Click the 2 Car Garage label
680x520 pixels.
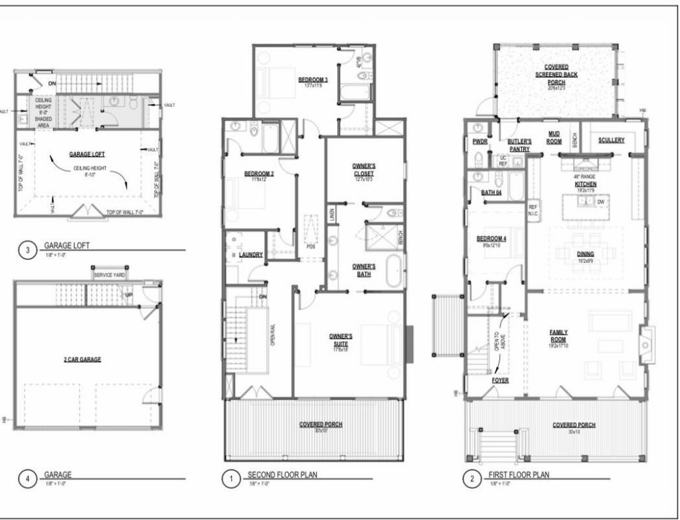pyautogui.click(x=82, y=359)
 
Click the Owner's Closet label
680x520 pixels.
pyautogui.click(x=364, y=170)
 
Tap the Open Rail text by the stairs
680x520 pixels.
pyautogui.click(x=274, y=335)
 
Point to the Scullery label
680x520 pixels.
pyautogui.click(x=611, y=140)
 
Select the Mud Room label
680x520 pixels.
pyautogui.click(x=553, y=137)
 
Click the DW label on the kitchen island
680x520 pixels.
pyautogui.click(x=600, y=201)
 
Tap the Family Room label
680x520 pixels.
pyautogui.click(x=558, y=335)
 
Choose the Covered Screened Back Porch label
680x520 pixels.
pyautogui.click(x=560, y=74)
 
